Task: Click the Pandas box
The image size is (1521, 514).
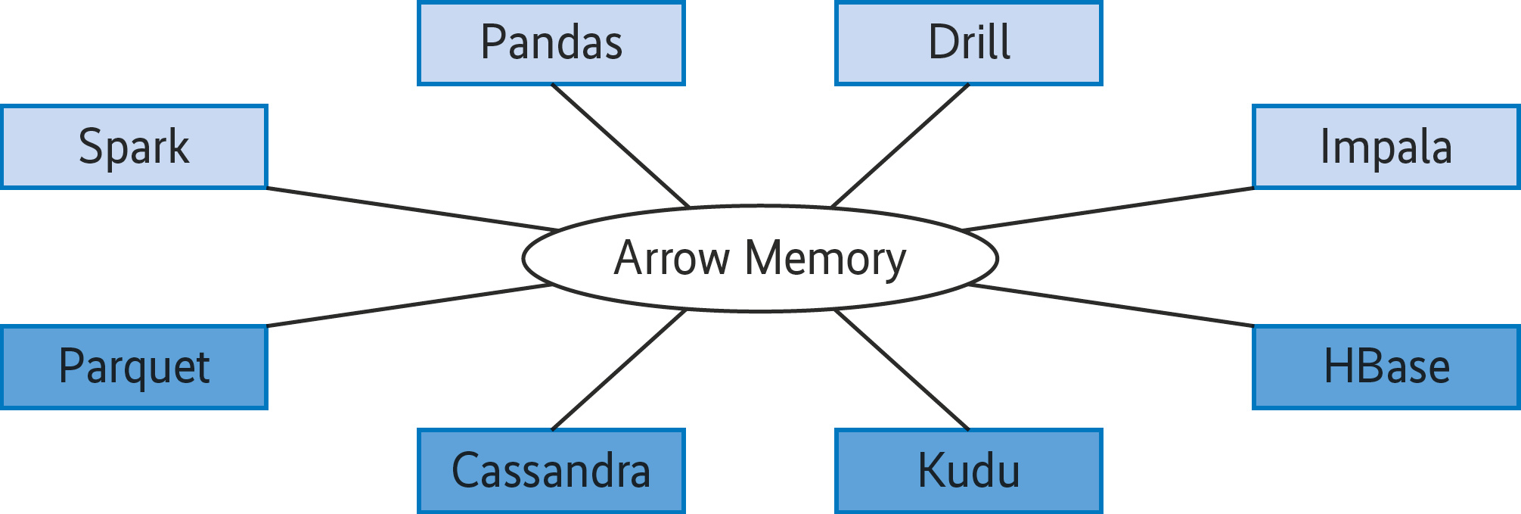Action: tap(551, 43)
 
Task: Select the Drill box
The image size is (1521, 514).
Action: tap(968, 43)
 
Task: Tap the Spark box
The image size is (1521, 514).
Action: tap(134, 147)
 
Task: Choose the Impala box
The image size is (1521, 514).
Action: tap(1386, 147)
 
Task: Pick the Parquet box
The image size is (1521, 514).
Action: tap(134, 367)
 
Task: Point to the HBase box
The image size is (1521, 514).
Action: tap(1386, 367)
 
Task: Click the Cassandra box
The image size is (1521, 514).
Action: tap(551, 471)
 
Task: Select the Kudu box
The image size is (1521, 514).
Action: tap(968, 471)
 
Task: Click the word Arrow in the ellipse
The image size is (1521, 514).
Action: tap(672, 259)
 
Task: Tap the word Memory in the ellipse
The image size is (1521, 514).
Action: tap(825, 259)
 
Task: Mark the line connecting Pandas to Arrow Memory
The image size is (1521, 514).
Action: tap(620, 145)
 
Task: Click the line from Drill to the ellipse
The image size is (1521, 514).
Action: tap(900, 145)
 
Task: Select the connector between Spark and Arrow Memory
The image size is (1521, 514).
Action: tap(412, 209)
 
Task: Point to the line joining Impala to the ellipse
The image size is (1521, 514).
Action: tap(1108, 209)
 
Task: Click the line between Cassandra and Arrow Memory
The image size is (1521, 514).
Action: tap(619, 370)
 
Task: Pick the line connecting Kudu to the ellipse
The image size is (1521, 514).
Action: tap(902, 370)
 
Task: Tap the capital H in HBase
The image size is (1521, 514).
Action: tap(1338, 366)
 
